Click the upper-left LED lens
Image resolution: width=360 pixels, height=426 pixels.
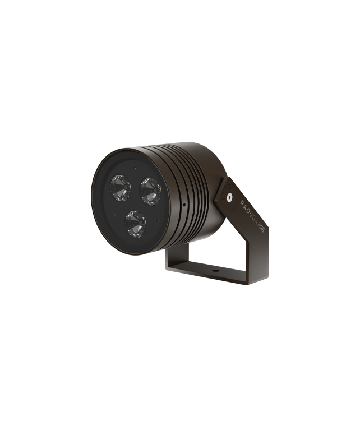pos(120,188)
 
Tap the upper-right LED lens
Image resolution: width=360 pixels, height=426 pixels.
pos(150,191)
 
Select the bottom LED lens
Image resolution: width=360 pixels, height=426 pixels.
pos(136,223)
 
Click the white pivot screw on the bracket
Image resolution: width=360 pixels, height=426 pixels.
pos(229,197)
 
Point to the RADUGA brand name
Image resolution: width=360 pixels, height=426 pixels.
pos(249,212)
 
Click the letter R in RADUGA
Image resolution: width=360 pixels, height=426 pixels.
pos(242,202)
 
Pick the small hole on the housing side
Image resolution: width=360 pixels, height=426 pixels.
pos(184,205)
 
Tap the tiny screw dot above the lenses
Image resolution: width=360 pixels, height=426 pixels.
pos(135,168)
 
